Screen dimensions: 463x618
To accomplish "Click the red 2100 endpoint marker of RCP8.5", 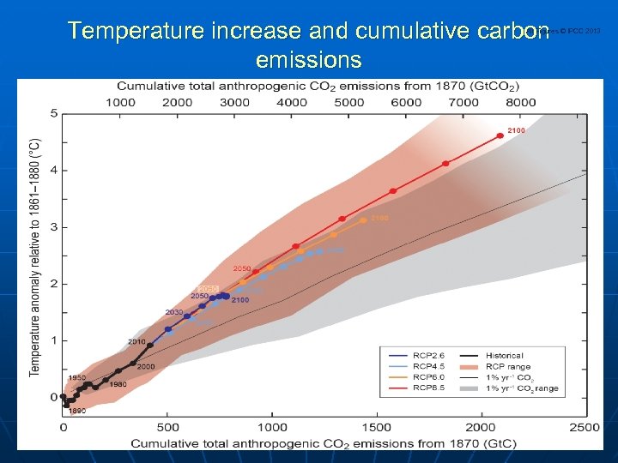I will coord(500,135).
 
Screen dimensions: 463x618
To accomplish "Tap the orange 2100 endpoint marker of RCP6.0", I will coord(363,220).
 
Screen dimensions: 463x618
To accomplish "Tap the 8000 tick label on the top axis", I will coord(521,102).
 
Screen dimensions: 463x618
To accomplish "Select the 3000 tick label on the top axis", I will coord(234,102).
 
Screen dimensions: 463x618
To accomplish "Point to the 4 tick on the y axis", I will coord(54,170).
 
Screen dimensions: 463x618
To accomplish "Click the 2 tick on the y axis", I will coord(54,284).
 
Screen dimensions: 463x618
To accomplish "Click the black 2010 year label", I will coord(136,341).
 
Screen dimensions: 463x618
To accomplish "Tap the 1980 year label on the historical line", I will coord(118,384).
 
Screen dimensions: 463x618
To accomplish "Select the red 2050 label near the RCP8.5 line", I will coord(242,268).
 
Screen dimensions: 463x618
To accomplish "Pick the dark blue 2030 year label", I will coord(174,312).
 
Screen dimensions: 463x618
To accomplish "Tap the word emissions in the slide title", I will coord(308,60).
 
